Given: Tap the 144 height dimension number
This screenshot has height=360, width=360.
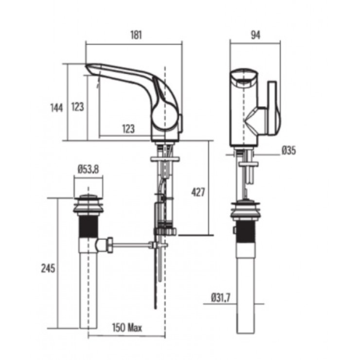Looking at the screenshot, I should click(57, 107).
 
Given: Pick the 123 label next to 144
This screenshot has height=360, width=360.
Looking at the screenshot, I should click(77, 107).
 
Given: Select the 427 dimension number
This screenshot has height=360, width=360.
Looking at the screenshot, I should click(197, 192).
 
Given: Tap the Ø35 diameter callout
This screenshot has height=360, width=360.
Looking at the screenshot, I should click(288, 151).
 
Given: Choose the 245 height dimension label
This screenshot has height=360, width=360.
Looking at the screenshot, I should click(48, 268).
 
